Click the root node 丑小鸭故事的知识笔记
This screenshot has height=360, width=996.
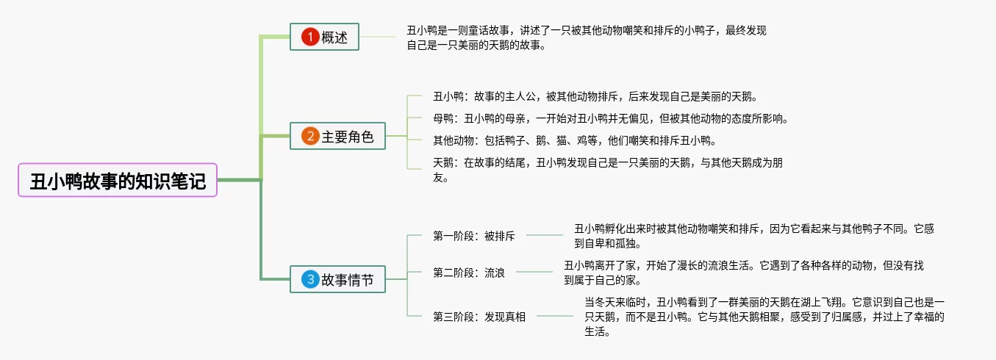pyautogui.click(x=118, y=181)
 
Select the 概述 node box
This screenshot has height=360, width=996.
pyautogui.click(x=324, y=37)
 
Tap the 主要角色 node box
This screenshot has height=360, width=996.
pyautogui.click(x=337, y=136)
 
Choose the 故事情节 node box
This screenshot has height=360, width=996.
pyautogui.click(x=337, y=279)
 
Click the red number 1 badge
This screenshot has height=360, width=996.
pyautogui.click(x=310, y=37)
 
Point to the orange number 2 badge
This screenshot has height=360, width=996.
pyautogui.click(x=311, y=136)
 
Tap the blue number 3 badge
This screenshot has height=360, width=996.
pyautogui.click(x=311, y=279)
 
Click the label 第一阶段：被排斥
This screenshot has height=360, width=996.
pyautogui.click(x=474, y=236)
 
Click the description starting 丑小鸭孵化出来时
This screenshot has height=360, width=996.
pyautogui.click(x=753, y=236)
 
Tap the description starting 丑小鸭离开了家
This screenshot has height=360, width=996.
pyautogui.click(x=742, y=273)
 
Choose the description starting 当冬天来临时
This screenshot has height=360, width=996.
pyautogui.click(x=764, y=317)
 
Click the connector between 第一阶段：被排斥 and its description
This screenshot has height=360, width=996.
pyautogui.click(x=545, y=236)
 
